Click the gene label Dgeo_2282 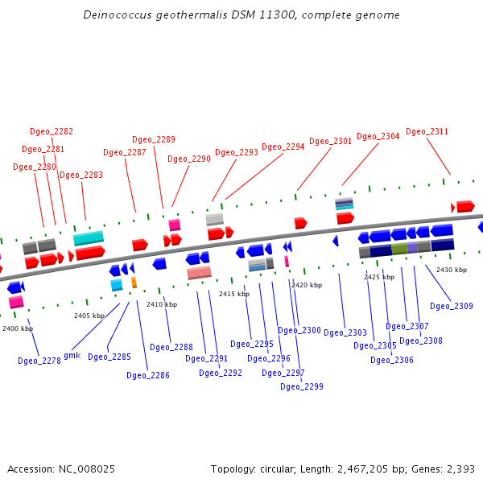[x=52, y=131]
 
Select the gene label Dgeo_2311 [x=427, y=131]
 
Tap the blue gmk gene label [x=72, y=355]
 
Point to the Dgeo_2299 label [x=302, y=386]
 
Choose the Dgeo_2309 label [x=452, y=306]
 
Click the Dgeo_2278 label [x=39, y=361]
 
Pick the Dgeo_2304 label [x=378, y=136]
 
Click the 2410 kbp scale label [x=162, y=304]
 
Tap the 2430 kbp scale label [x=452, y=270]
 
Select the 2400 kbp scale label [x=18, y=328]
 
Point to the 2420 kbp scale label [x=307, y=285]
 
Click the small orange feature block [x=134, y=283]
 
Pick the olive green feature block [x=399, y=249]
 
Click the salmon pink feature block [x=199, y=273]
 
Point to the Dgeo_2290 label [x=189, y=159]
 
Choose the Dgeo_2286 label [x=148, y=374]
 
